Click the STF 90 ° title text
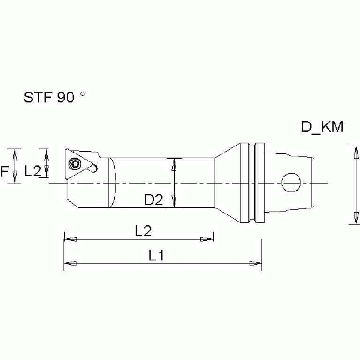tap(54, 97)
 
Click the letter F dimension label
tap(5, 171)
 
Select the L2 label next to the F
tap(32, 172)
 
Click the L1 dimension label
tap(156, 256)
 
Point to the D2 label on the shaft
tap(153, 200)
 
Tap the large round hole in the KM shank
tap(291, 183)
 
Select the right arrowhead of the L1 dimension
tap(256, 263)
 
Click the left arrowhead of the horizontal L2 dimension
tap(69, 239)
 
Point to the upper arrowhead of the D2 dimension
tap(175, 163)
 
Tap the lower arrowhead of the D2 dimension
tap(175, 202)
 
